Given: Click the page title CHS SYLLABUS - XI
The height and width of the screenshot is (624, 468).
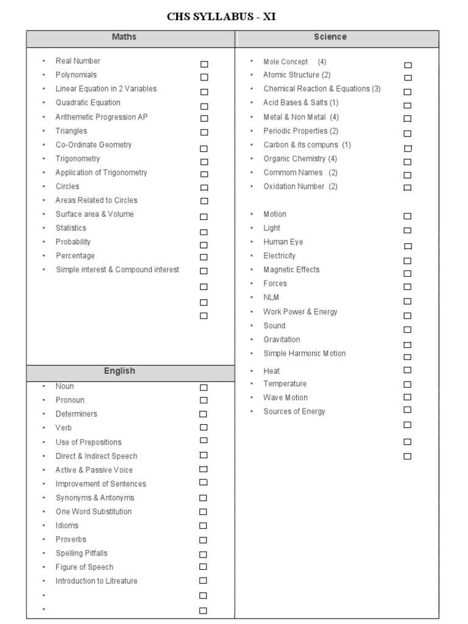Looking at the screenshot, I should (221, 16).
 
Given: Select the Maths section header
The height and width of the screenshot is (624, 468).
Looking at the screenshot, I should (124, 37).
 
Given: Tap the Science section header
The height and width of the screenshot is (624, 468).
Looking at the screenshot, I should (330, 37).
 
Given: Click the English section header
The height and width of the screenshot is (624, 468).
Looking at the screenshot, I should (120, 371).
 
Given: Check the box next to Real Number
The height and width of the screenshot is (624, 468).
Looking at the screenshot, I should (204, 64).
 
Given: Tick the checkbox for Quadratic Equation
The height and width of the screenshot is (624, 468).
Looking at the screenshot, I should (204, 106).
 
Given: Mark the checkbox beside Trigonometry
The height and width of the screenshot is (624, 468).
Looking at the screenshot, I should (204, 162).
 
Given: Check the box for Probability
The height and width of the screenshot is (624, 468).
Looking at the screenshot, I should (204, 245).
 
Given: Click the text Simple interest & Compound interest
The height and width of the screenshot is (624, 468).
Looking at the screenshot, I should (118, 269).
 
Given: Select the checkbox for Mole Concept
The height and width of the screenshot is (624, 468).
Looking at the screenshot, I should (408, 65).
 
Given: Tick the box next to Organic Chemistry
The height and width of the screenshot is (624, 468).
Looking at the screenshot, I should (408, 162).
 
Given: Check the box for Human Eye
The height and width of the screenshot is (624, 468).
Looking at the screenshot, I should (408, 246).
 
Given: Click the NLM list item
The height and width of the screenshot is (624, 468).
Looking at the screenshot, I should (271, 297).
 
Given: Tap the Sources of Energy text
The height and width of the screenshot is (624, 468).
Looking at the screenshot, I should (294, 411).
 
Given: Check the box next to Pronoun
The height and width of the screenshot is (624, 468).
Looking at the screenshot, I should (204, 400).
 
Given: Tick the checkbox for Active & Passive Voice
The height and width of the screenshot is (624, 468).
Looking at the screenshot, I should (204, 469).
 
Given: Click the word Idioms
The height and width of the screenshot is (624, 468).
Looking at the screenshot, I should (67, 525).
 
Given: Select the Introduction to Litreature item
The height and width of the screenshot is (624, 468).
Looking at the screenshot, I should (96, 581).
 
